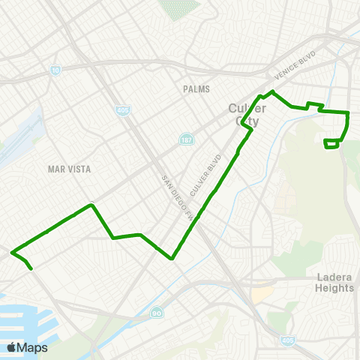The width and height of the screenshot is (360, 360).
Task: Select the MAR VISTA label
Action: [69, 169]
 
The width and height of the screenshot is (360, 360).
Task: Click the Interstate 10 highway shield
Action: [55, 70]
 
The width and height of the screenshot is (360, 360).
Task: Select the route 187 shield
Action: [185, 140]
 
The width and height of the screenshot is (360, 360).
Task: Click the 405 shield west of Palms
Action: [122, 110]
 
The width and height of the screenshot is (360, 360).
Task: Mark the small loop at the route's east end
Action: [331, 143]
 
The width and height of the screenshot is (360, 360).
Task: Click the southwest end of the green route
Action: [31, 268]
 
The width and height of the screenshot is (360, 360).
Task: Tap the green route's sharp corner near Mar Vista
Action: [91, 204]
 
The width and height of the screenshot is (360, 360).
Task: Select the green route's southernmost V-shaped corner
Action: [172, 259]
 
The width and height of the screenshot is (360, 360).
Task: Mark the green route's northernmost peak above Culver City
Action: [272, 91]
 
